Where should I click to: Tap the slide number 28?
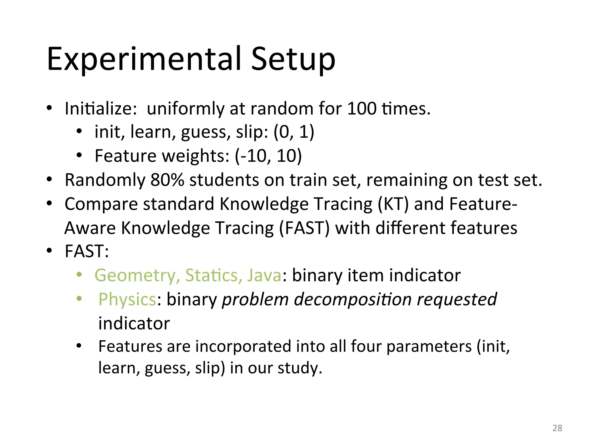pos(557,428)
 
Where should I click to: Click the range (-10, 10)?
pos(268,156)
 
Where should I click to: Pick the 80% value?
pos(167,180)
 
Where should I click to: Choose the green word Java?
pos(264,276)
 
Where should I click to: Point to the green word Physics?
pos(127,300)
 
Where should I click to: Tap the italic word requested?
pos(457,300)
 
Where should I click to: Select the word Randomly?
pos(105,180)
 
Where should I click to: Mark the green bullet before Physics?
pos(79,299)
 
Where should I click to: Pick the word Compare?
pos(101,204)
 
